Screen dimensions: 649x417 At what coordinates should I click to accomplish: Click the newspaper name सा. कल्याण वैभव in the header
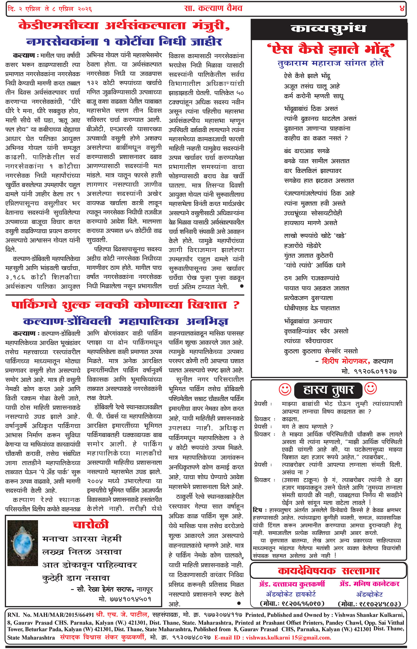pyautogui.click(x=213, y=8)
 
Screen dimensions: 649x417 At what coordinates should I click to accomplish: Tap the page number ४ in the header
pyautogui.click(x=402, y=9)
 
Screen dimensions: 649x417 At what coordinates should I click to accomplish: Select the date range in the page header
pyautogui.click(x=50, y=9)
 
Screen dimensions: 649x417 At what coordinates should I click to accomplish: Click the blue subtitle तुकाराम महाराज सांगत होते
pyautogui.click(x=331, y=64)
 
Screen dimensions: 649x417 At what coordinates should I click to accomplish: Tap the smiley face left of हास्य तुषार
pyautogui.click(x=285, y=389)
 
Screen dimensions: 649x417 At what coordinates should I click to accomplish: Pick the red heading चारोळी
pyautogui.click(x=91, y=524)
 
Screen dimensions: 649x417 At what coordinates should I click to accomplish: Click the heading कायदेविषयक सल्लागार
pyautogui.click(x=329, y=571)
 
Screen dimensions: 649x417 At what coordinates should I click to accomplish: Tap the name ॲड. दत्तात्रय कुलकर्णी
pyautogui.click(x=292, y=584)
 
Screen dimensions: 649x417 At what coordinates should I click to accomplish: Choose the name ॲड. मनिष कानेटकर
pyautogui.click(x=369, y=584)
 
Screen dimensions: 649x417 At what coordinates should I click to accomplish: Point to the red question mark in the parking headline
pyautogui.click(x=236, y=305)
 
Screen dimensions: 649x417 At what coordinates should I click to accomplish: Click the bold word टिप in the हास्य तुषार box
pyautogui.click(x=257, y=510)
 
